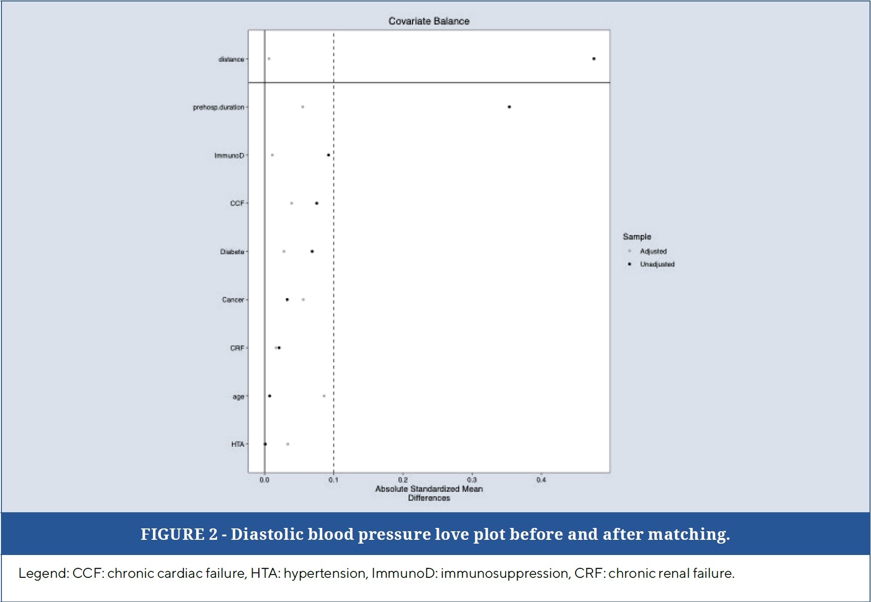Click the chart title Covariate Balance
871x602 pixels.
point(429,21)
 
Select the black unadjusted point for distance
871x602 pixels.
point(594,59)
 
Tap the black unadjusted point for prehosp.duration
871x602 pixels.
point(509,107)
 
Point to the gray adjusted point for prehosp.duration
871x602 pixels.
point(303,107)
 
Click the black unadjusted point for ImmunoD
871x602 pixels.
point(328,155)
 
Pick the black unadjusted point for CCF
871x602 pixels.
point(317,203)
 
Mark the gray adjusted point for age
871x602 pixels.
point(324,396)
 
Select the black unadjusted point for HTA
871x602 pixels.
point(265,444)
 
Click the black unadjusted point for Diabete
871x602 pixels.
point(312,252)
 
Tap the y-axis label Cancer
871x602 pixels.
point(233,300)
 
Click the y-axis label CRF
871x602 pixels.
point(237,348)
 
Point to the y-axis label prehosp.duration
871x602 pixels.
point(218,107)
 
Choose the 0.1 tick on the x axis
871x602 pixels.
point(333,480)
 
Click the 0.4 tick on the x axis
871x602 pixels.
point(541,480)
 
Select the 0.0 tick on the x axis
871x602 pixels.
point(265,480)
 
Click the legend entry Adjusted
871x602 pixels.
point(653,251)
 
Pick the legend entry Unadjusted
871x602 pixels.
point(657,264)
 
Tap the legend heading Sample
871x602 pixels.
point(637,236)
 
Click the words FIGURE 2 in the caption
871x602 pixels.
point(179,534)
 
